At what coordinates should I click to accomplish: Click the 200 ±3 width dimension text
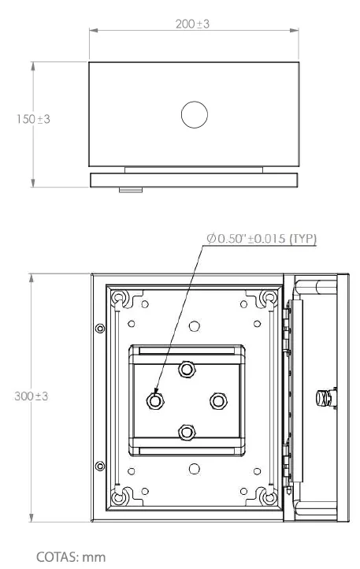pyautogui.click(x=192, y=24)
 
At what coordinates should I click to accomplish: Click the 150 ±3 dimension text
pyautogui.click(x=33, y=119)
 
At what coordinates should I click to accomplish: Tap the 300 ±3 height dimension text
pyautogui.click(x=32, y=396)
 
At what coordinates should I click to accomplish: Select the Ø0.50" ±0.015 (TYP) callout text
pyautogui.click(x=262, y=239)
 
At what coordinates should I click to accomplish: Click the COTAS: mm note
pyautogui.click(x=71, y=556)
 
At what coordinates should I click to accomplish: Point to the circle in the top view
pyautogui.click(x=195, y=115)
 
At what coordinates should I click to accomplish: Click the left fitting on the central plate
pyautogui.click(x=155, y=400)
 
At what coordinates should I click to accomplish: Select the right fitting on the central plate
pyautogui.click(x=218, y=400)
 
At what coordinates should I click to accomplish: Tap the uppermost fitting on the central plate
pyautogui.click(x=187, y=370)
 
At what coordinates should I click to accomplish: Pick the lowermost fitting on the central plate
pyautogui.click(x=187, y=432)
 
